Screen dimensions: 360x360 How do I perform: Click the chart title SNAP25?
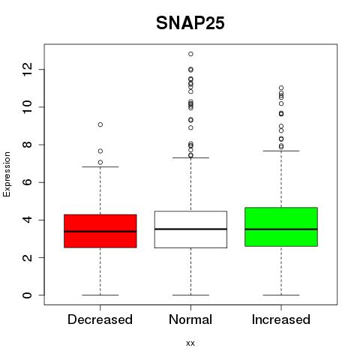[190, 23]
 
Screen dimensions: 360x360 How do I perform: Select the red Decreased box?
[100, 231]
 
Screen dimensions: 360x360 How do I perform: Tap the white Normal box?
[190, 229]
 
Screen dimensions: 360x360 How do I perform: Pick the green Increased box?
[281, 226]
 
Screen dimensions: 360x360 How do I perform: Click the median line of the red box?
[100, 232]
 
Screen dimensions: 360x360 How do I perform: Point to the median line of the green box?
[281, 229]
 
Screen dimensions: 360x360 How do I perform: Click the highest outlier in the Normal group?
[190, 54]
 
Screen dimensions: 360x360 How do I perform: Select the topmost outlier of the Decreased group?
[100, 124]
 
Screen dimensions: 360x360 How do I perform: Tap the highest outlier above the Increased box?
[281, 88]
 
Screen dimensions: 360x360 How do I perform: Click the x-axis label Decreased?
[100, 319]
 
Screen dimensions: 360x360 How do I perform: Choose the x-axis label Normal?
[190, 319]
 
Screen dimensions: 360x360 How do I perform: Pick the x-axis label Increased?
[281, 319]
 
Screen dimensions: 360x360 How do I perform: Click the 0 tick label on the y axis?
[28, 295]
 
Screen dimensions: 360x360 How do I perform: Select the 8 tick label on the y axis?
[28, 145]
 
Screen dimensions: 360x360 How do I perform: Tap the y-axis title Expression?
[7, 174]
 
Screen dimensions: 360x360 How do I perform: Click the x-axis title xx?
[190, 343]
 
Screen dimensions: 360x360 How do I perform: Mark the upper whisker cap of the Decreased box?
[100, 166]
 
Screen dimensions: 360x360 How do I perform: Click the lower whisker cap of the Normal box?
[190, 295]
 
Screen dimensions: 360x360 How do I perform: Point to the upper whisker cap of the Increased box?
[281, 151]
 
